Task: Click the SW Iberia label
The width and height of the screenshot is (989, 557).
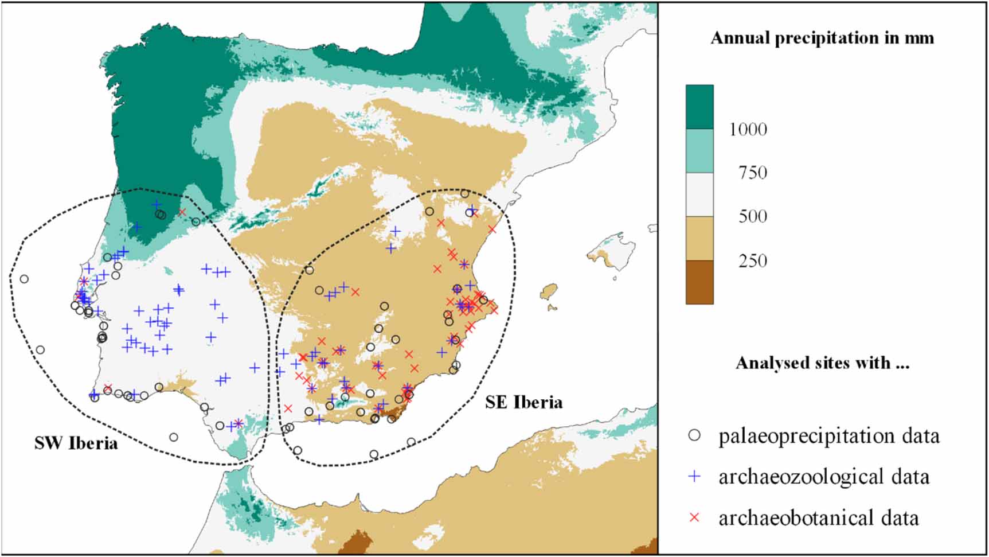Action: point(76,443)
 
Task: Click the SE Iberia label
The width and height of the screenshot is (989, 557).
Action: point(523,402)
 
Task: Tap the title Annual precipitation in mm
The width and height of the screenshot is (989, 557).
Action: point(822,38)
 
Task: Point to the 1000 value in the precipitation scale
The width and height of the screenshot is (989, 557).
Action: point(748,129)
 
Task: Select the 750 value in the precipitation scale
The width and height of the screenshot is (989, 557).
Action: point(752,173)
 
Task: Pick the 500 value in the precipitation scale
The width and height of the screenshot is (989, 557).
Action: point(752,216)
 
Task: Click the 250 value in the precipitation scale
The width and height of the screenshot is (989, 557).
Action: point(752,260)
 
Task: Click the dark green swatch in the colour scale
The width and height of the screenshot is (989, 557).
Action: point(699,107)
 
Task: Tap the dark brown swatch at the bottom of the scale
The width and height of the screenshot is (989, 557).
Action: point(699,282)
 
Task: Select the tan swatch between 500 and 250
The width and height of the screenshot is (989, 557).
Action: point(699,238)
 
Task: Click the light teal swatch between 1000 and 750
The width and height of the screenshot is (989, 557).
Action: point(699,151)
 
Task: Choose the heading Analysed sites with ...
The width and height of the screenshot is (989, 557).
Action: point(822,363)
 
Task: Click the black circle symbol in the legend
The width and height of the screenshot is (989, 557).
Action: point(694,435)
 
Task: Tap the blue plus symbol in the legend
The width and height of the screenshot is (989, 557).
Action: point(694,476)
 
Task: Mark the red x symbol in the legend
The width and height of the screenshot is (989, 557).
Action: point(694,517)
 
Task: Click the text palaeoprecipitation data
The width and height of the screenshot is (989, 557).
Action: point(828,436)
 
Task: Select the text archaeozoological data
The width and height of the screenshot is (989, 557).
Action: point(823,477)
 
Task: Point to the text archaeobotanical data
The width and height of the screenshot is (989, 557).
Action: point(818,518)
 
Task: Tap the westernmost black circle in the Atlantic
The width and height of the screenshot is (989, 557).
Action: point(24,279)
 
